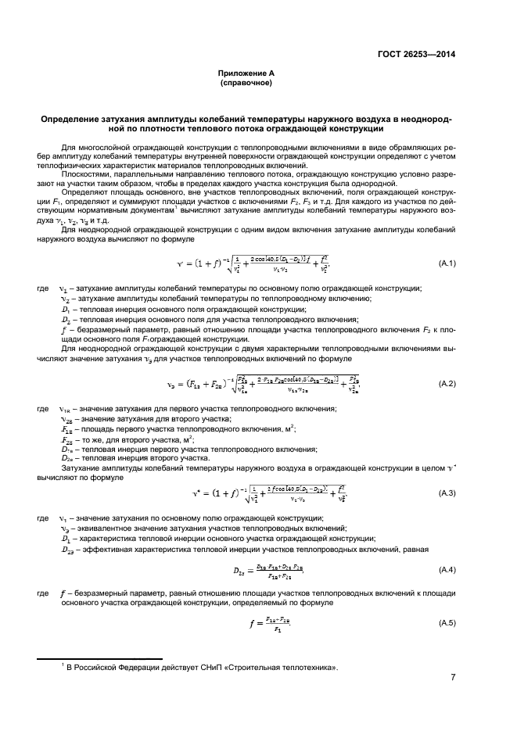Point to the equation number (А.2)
click(x=447, y=385)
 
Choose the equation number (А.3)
click(x=447, y=493)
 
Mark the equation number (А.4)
click(x=447, y=569)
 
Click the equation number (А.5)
click(x=447, y=622)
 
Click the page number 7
click(x=454, y=677)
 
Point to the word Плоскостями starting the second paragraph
click(x=84, y=170)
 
